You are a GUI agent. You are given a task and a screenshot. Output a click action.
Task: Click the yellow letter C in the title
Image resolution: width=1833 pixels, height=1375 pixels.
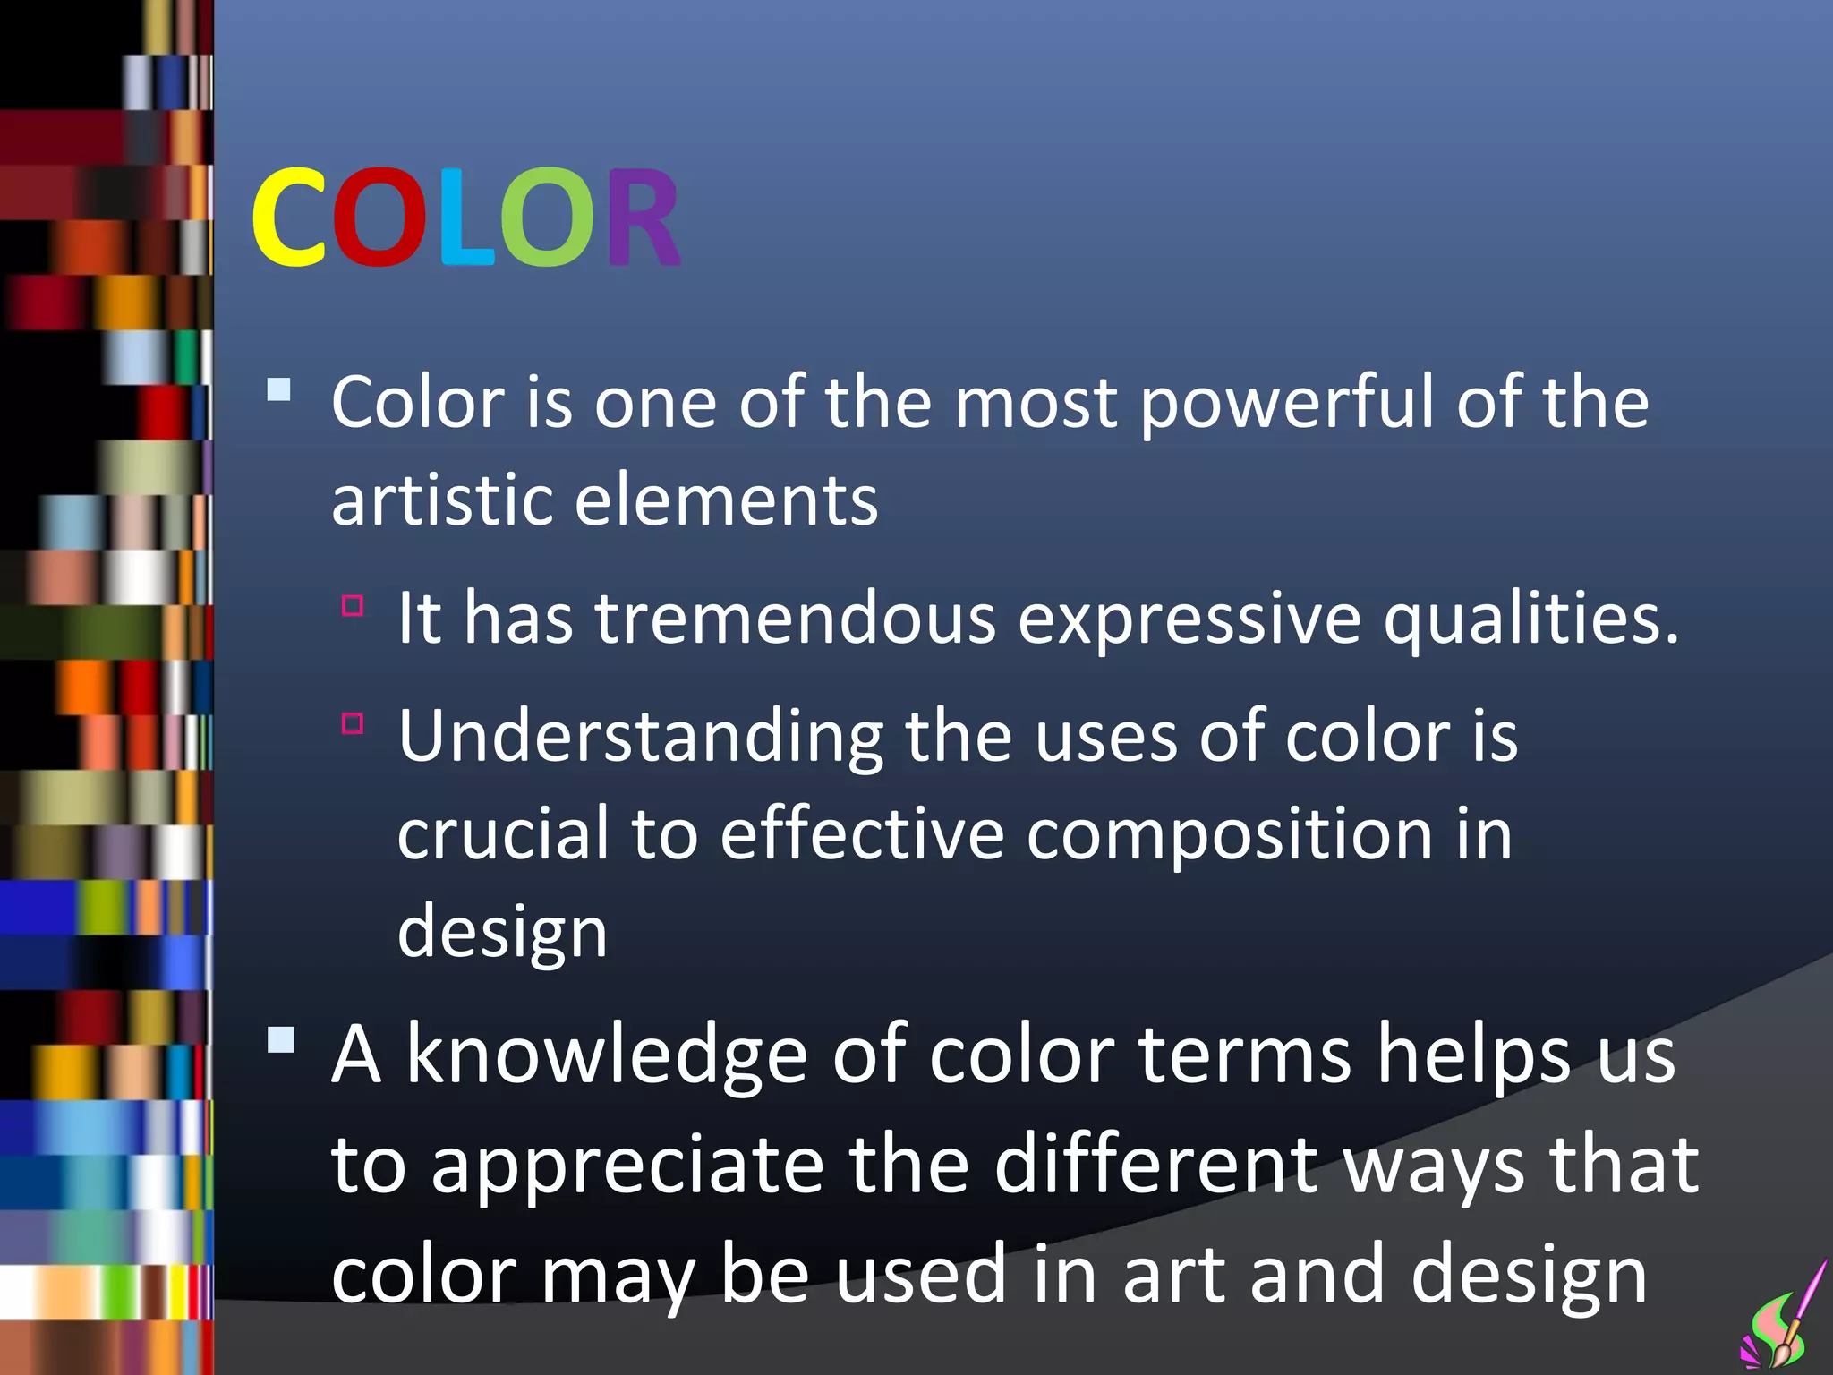point(289,218)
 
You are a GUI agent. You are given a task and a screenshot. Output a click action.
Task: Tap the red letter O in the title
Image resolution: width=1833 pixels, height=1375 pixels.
point(379,218)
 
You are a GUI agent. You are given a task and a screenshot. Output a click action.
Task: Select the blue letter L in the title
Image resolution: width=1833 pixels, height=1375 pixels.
point(465,218)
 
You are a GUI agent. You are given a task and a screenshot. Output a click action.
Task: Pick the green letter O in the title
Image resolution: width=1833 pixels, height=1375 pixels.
point(546,218)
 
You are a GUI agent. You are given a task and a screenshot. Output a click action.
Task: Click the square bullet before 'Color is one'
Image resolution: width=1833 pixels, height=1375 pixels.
point(279,389)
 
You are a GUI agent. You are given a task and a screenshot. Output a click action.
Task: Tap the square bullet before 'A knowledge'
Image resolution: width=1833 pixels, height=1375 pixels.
point(280,1040)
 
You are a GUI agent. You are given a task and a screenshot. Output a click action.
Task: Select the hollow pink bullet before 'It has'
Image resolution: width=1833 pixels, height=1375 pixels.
point(353,606)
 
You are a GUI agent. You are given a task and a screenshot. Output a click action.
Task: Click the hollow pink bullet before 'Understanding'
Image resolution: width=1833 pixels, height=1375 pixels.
point(353,723)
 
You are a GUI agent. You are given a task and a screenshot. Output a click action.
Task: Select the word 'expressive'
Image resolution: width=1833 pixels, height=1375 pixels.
point(1189,620)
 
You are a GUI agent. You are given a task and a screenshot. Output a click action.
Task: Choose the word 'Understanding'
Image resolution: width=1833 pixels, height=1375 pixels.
point(640,738)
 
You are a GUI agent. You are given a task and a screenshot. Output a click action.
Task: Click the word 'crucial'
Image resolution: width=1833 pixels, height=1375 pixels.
point(503,834)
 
